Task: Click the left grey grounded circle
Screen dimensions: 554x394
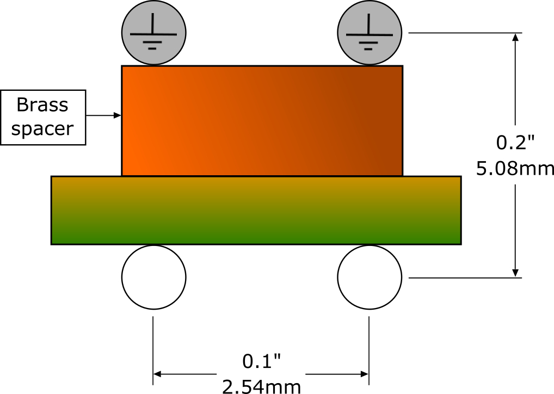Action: (153, 33)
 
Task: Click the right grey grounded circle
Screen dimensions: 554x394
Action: (370, 33)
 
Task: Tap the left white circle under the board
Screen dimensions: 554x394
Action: (153, 277)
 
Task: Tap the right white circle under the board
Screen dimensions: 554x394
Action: (370, 277)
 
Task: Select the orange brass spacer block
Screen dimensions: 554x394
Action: (262, 121)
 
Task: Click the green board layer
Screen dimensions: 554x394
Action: (256, 210)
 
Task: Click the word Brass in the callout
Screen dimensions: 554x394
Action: (42, 105)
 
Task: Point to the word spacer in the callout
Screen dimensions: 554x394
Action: (42, 128)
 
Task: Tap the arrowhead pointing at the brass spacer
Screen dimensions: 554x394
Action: (118, 115)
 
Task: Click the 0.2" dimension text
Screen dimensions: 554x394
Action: (515, 143)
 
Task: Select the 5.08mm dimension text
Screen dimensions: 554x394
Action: (515, 169)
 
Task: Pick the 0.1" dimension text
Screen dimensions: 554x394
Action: (261, 361)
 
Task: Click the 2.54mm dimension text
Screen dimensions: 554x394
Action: (261, 386)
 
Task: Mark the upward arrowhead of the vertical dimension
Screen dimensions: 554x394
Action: (515, 37)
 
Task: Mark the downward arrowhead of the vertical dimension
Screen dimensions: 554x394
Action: (515, 273)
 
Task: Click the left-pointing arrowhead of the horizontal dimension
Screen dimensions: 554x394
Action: (158, 374)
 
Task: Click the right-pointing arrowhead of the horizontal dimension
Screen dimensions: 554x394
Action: (365, 374)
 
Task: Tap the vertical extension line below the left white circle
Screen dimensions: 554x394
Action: (153, 350)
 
